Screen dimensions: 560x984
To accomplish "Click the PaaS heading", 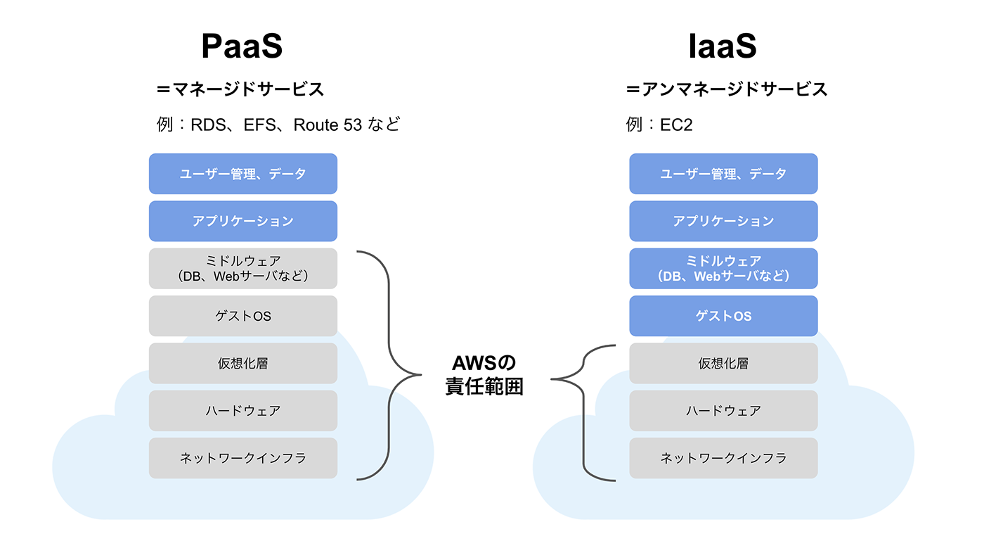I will click(242, 47).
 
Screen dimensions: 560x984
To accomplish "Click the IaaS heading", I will click(723, 47).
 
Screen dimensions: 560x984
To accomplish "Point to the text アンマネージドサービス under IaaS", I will click(734, 89).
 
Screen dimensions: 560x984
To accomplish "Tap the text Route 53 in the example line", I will click(327, 125).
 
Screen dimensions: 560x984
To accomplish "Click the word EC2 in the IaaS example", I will click(677, 125).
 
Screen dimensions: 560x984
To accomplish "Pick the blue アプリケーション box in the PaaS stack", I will click(243, 221).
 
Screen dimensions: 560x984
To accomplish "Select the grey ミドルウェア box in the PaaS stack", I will click(243, 268).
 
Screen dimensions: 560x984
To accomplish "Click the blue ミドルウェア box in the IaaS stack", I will click(723, 268).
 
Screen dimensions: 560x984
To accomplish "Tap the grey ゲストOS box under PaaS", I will click(243, 316).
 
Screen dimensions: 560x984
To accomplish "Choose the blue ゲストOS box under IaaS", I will click(723, 316).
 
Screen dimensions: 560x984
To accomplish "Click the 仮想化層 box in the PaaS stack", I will click(243, 363).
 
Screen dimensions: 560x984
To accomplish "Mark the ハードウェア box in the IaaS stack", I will click(723, 410).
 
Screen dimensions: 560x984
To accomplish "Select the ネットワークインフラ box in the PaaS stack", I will click(243, 458).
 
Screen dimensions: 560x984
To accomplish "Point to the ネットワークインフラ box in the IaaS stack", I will click(723, 458).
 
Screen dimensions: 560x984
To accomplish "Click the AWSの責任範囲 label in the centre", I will click(484, 375).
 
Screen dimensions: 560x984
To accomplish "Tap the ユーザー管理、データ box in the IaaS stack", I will click(723, 174).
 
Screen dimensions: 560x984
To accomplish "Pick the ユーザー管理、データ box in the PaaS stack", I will click(243, 174).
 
